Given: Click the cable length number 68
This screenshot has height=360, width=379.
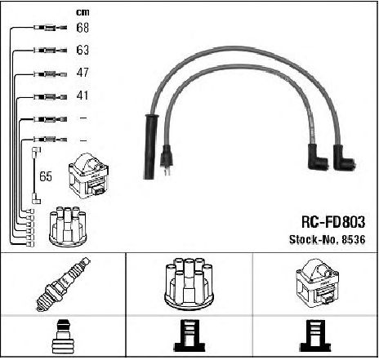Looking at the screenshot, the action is point(82,28).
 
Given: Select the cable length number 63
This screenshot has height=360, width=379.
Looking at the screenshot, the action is point(82,50).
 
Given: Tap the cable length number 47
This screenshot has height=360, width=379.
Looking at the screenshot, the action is point(82,73).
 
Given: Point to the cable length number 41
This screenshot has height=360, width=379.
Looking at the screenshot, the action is point(82,96).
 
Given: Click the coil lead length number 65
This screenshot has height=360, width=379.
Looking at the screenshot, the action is point(46,176).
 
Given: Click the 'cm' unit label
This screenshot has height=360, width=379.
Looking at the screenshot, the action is point(82,12).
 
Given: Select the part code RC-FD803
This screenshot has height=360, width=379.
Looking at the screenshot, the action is point(333,222).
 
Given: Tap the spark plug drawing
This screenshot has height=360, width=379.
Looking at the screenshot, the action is point(63,284).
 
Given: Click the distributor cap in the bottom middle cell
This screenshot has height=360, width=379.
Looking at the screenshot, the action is point(189,284).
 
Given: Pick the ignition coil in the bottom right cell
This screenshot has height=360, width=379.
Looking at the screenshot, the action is point(318,283).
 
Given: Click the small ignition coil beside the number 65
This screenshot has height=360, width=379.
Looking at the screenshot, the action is point(89,176).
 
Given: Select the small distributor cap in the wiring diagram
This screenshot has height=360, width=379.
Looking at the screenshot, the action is point(68,226).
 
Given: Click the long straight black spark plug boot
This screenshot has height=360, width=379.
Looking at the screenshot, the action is point(150,147).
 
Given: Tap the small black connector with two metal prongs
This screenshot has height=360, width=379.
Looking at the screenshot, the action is point(166,160).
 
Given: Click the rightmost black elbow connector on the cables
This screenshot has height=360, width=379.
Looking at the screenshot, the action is point(343,158).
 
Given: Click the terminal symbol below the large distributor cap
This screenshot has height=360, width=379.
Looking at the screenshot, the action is point(189,336).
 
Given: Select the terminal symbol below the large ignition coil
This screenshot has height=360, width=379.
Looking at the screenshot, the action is point(315,336).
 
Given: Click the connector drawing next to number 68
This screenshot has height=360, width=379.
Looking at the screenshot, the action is point(51,28).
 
